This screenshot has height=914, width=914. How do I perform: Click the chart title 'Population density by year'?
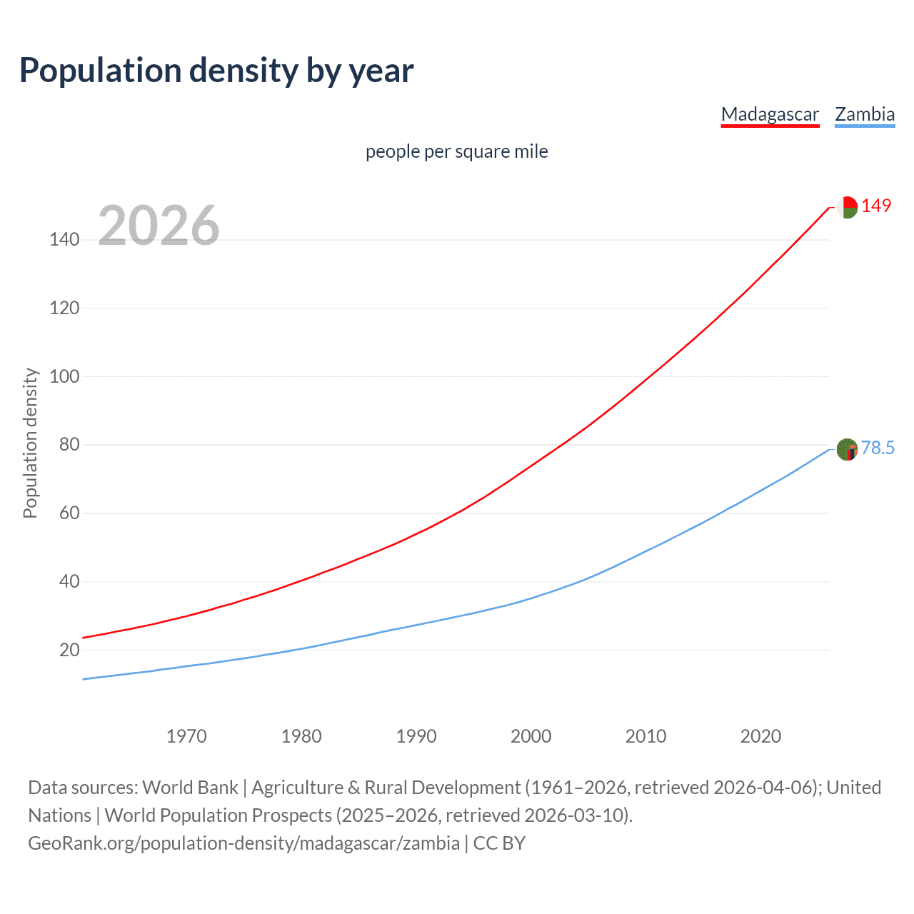pos(216,71)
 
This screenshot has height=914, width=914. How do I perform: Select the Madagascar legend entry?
pos(770,114)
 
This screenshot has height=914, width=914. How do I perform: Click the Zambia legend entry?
pos(865,114)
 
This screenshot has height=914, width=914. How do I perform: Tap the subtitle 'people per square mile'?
pos(456,151)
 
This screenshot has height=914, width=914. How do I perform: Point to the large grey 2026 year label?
pos(159,226)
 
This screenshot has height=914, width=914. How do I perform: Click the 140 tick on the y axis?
pos(64,239)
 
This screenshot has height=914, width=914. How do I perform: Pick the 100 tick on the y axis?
pos(64,376)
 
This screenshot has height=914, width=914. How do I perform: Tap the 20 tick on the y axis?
pos(69,650)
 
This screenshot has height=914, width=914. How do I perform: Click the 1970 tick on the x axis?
pos(186,736)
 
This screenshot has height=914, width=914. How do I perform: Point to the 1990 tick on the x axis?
pos(416,736)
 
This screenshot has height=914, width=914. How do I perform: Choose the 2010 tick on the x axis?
pos(646,736)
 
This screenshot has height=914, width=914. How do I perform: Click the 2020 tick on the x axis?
pos(760,736)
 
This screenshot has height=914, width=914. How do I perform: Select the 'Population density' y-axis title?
pos(30,443)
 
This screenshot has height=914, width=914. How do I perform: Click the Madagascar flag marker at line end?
pos(847,207)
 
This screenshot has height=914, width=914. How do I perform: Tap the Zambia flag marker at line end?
pos(847,449)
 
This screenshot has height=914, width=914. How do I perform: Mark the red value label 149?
pos(876,206)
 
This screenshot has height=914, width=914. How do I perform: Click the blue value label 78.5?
pos(878,448)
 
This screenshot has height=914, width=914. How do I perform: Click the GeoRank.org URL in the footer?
pos(243,843)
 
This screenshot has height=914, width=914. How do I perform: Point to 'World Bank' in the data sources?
pos(190,788)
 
